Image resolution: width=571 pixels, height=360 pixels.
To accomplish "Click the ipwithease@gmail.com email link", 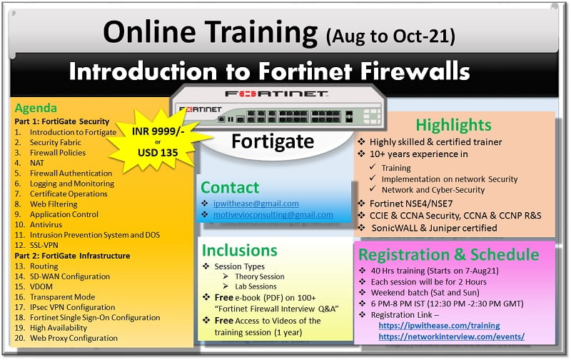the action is click(x=256, y=204).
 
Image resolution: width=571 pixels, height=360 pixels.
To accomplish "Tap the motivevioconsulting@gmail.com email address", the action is click(x=273, y=214).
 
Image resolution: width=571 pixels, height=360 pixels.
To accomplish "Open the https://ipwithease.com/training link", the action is click(x=439, y=326).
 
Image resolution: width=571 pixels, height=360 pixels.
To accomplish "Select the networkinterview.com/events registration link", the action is click(x=452, y=336).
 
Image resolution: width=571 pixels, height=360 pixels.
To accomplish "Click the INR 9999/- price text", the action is click(x=158, y=131).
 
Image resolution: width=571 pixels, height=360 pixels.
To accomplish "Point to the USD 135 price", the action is click(x=158, y=152).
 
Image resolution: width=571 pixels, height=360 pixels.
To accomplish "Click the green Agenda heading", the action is click(x=36, y=109).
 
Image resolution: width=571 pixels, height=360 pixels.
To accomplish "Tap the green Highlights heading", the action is click(x=453, y=125).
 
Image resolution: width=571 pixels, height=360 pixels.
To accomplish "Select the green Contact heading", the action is click(x=230, y=188).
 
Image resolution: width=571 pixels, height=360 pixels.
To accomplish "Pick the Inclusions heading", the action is click(x=240, y=250).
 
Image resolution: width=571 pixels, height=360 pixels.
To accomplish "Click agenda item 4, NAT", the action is click(x=37, y=163).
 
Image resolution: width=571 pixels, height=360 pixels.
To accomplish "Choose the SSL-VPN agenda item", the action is click(x=44, y=245).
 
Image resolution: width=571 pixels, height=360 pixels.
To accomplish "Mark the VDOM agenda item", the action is click(x=41, y=286).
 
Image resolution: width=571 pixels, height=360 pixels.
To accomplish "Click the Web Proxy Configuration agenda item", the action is click(x=74, y=338).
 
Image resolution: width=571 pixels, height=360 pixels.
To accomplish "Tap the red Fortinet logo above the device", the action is click(x=276, y=94).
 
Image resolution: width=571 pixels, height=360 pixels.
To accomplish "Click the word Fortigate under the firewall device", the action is click(x=273, y=141).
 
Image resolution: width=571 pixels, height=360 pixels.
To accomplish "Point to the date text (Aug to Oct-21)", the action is click(x=390, y=36).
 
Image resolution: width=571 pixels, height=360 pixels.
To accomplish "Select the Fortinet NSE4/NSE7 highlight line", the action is click(x=411, y=204).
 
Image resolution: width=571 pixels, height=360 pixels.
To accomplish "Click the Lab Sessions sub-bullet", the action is click(x=256, y=286).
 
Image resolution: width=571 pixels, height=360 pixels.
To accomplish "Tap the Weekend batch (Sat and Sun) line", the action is click(x=425, y=293).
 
